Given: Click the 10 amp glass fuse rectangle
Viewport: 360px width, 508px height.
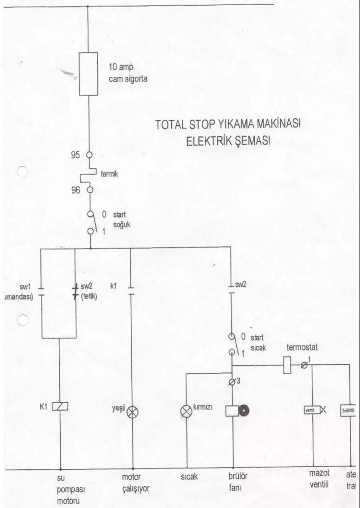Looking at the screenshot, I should click(89, 74).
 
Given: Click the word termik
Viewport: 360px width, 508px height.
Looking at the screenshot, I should click(109, 174).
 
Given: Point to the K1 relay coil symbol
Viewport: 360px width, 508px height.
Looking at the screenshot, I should click(61, 406).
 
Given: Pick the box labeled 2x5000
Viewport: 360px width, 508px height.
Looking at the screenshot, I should click(348, 411).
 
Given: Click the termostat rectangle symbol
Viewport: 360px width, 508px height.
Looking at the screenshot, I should click(287, 365).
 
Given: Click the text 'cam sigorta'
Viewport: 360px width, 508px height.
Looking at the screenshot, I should click(128, 79).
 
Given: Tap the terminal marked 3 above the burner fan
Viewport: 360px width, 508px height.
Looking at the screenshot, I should click(232, 381).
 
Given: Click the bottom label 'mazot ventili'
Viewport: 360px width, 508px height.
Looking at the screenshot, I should click(319, 479).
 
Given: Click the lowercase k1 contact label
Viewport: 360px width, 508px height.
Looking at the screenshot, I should click(114, 286).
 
